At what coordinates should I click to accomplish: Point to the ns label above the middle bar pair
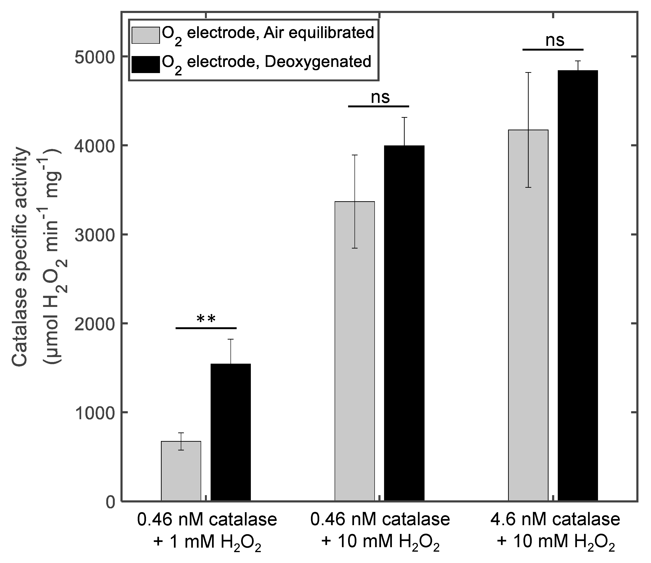click(x=380, y=97)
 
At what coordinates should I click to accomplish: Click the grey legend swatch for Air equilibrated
click(x=145, y=35)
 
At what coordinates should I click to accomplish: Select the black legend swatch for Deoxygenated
click(x=145, y=64)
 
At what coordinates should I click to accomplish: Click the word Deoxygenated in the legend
click(x=318, y=62)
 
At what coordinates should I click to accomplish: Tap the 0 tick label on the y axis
click(x=109, y=502)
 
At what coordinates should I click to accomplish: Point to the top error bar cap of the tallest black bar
click(x=578, y=61)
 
